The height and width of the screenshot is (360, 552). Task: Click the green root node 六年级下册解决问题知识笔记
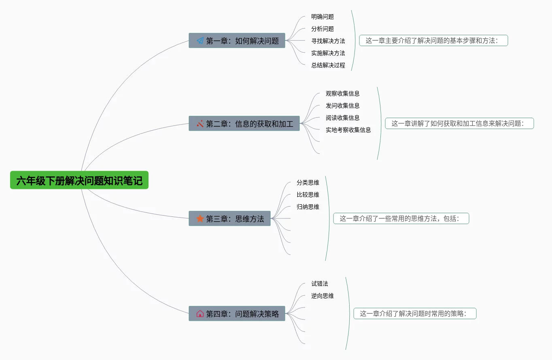pos(79,180)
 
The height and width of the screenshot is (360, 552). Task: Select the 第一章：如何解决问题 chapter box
pos(237,40)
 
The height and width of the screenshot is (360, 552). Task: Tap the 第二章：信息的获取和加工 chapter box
pos(244,123)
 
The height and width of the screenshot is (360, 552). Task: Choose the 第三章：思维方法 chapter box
pos(229,218)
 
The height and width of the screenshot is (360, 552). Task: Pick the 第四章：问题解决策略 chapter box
pos(237,313)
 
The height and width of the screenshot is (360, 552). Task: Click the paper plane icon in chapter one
pos(200,40)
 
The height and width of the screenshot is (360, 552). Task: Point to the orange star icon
pos(200,218)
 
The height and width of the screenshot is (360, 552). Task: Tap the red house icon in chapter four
pos(200,313)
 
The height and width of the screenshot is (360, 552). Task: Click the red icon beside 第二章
pos(200,123)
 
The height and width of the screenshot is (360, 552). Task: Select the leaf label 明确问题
pos(323,17)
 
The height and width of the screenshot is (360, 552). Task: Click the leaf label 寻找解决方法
pos(328,41)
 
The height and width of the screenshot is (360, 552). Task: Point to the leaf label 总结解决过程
pos(328,65)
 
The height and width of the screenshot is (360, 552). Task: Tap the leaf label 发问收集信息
pos(343,106)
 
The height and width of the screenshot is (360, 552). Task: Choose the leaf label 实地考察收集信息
pos(348,130)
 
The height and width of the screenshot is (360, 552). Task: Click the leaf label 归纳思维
pos(308,207)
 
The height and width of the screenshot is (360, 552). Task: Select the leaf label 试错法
pos(320,284)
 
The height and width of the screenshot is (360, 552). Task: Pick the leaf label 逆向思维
pos(323,296)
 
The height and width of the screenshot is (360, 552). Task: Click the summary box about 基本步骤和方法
pos(433,40)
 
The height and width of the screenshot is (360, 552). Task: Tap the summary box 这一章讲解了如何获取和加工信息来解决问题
pos(459,123)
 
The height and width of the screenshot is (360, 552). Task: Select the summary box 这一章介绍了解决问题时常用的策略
pos(415,313)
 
